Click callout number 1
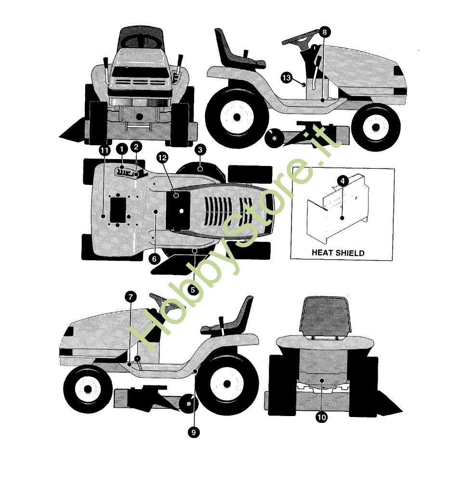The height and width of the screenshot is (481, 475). click(x=122, y=150)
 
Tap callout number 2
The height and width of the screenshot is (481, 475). click(x=136, y=147)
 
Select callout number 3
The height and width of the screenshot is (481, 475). click(x=200, y=150)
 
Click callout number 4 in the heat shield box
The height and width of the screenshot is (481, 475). click(x=343, y=181)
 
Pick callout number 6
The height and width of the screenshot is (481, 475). click(x=154, y=259)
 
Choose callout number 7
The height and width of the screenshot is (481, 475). click(x=131, y=297)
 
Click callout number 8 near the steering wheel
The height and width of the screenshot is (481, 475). click(x=324, y=32)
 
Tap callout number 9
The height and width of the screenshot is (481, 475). click(x=194, y=432)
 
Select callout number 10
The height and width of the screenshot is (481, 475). click(x=321, y=417)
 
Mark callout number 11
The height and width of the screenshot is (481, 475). click(x=105, y=151)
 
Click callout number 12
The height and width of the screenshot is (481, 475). click(x=162, y=158)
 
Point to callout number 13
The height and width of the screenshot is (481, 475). click(x=286, y=77)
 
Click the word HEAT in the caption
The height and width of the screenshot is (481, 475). click(x=321, y=253)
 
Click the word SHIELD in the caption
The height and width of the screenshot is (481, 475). click(x=349, y=253)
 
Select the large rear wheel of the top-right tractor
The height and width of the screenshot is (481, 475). click(x=237, y=117)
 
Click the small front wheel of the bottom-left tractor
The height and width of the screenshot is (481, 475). click(x=88, y=389)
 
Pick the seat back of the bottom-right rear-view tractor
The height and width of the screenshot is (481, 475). click(x=325, y=317)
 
